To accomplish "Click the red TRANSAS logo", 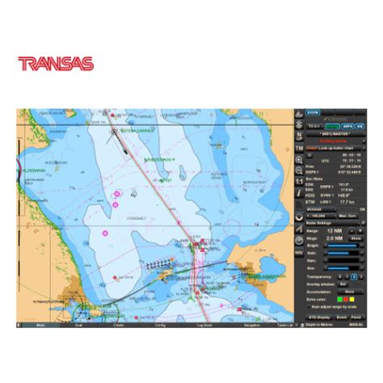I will click(x=56, y=63).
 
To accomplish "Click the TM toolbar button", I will click(x=300, y=149).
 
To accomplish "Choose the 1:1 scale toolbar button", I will click(x=300, y=183).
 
